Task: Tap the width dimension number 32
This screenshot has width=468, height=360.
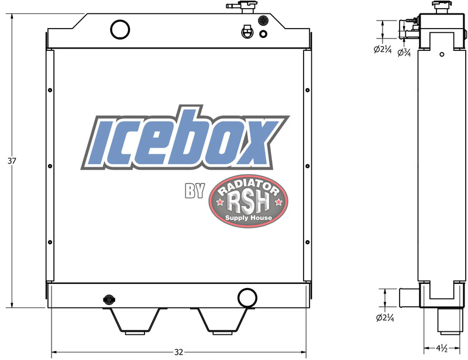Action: pos(179,352)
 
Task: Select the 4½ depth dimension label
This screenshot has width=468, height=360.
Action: pos(442,349)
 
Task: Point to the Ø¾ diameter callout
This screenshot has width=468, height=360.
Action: pos(404,53)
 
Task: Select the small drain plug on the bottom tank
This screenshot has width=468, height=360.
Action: pos(108,299)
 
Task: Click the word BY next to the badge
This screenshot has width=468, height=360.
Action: pos(193,191)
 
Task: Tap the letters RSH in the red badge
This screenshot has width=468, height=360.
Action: pos(248,203)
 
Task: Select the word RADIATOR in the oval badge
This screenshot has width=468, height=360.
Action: pos(248,187)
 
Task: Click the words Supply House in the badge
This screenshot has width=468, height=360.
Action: pos(249,218)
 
